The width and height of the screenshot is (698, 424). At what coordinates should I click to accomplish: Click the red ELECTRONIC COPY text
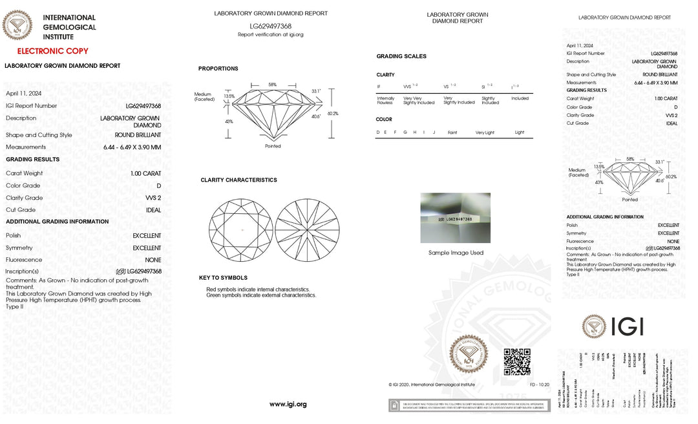coord(53,51)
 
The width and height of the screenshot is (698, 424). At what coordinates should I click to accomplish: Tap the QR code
coord(517,361)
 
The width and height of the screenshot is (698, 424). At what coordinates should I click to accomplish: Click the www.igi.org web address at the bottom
coord(288,405)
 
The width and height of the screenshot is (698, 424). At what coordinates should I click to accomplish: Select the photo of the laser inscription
coord(455,218)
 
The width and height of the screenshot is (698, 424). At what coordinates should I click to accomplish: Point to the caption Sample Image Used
coord(456,253)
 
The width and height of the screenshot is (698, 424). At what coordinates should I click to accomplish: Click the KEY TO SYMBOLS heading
coord(223,278)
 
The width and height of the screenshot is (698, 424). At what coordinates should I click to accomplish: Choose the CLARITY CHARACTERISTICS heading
coord(238,180)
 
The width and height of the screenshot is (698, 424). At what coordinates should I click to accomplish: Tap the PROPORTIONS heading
coord(218,69)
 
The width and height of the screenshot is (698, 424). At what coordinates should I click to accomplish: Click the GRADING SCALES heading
coord(401,56)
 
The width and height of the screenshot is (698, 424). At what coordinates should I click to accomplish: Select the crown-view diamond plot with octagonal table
coord(240,229)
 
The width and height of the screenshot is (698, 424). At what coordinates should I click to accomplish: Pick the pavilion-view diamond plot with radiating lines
coord(307,229)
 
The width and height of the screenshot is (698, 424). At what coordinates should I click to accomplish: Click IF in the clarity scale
coord(379,86)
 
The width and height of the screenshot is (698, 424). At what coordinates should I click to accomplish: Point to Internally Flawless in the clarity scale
coord(385,100)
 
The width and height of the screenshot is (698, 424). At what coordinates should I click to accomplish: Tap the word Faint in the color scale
coord(452,132)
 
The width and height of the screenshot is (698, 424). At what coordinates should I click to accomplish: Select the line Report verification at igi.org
coord(270,35)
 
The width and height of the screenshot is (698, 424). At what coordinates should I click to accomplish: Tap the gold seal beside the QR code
coord(469,354)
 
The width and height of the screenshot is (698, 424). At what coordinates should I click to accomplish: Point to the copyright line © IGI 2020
coord(432,385)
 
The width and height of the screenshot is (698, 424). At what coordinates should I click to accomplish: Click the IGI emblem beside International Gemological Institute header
coord(17,25)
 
